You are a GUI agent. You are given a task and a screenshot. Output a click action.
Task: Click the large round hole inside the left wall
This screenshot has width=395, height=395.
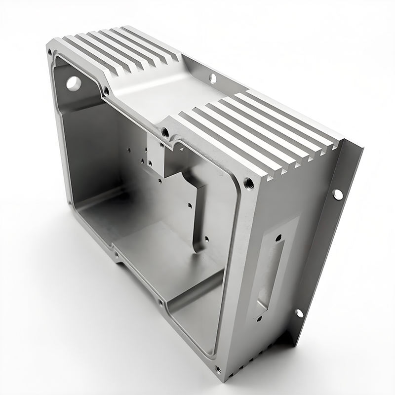pyautogui.click(x=73, y=83)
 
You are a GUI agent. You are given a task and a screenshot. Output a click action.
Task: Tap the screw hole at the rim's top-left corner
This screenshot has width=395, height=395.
pyautogui.click(x=49, y=51)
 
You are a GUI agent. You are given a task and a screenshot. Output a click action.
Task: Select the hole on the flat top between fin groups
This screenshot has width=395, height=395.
pyautogui.click(x=213, y=78)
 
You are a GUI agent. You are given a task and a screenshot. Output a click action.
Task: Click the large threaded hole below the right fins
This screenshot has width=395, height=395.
pyautogui.click(x=249, y=184)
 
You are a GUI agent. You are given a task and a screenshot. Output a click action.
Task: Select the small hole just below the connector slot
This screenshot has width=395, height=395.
pyautogui.click(x=258, y=319)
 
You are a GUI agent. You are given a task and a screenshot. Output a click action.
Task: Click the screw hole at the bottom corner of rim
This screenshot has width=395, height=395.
pyautogui.click(x=218, y=369)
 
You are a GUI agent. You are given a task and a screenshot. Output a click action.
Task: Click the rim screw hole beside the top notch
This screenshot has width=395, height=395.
pyautogui.click(x=106, y=91)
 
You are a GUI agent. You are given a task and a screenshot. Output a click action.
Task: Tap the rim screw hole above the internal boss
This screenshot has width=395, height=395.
pyautogui.click(x=166, y=132)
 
